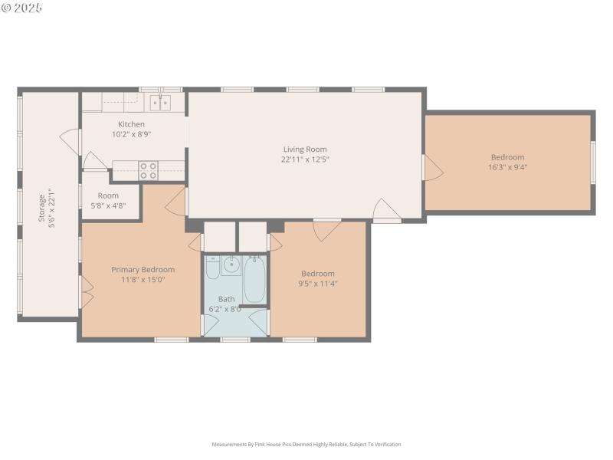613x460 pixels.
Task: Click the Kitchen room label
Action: pyautogui.click(x=131, y=124)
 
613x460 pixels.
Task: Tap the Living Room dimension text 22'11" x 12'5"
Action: pyautogui.click(x=305, y=159)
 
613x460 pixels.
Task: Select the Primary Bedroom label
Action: pyautogui.click(x=143, y=269)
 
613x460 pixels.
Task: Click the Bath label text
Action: pyautogui.click(x=226, y=299)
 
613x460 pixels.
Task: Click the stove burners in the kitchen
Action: pyautogui.click(x=148, y=170)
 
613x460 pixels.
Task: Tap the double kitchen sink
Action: pyautogui.click(x=160, y=102)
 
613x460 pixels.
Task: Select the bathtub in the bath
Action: pyautogui.click(x=255, y=279)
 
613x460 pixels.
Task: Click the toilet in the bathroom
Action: pyautogui.click(x=212, y=268)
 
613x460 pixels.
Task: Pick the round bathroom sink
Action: pyautogui.click(x=231, y=266)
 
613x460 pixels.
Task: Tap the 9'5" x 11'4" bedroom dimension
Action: pyautogui.click(x=317, y=283)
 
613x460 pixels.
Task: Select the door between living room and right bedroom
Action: pyautogui.click(x=431, y=169)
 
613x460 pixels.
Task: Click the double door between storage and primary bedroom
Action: pyautogui.click(x=86, y=291)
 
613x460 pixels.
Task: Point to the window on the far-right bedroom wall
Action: pyautogui.click(x=592, y=162)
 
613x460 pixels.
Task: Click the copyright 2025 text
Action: pyautogui.click(x=22, y=8)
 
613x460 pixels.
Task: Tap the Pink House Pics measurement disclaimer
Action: pyautogui.click(x=306, y=444)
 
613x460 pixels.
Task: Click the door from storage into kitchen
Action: pyautogui.click(x=71, y=141)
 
